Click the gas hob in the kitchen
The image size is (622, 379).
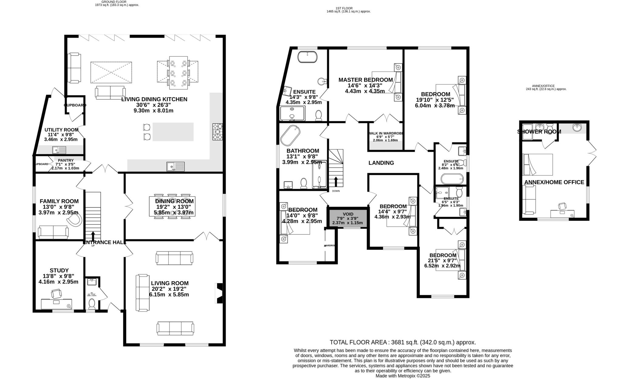pyautogui.click(x=217, y=131)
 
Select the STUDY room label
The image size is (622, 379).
pyautogui.click(x=59, y=270)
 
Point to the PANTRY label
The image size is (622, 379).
pyautogui.click(x=66, y=160)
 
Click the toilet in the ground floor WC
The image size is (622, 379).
pyautogui.click(x=91, y=303)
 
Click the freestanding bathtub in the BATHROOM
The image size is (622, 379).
pyautogui.click(x=290, y=135)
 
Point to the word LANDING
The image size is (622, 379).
pyautogui.click(x=381, y=163)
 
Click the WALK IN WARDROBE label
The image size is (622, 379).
pyautogui.click(x=385, y=133)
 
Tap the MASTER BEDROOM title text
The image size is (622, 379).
pyautogui.click(x=366, y=80)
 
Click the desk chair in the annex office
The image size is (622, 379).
pyautogui.click(x=562, y=206)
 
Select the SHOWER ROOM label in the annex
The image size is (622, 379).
pyautogui.click(x=539, y=131)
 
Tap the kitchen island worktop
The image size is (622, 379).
pyautogui.click(x=173, y=132)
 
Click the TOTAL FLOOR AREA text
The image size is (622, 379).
pyautogui.click(x=403, y=342)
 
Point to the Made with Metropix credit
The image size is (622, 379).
pyautogui.click(x=403, y=376)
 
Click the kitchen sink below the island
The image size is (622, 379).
pyautogui.click(x=176, y=166)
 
